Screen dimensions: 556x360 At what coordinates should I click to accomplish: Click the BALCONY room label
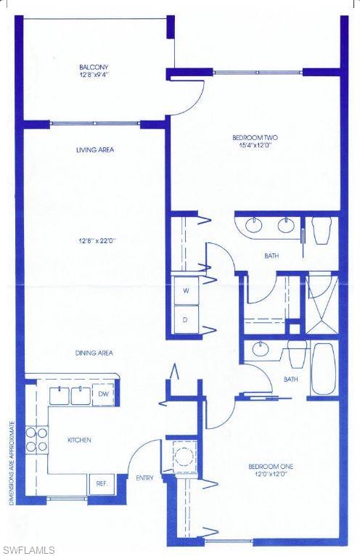point(94,68)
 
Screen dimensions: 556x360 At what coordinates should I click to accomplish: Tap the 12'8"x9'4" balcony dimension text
point(94,75)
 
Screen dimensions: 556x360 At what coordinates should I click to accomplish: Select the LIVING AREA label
point(95,150)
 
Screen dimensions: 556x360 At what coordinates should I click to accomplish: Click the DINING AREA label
point(94,353)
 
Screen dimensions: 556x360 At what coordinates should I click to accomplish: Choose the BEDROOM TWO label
point(255,137)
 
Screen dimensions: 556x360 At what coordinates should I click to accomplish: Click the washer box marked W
point(186,290)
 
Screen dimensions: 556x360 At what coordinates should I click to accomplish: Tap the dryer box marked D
point(186,319)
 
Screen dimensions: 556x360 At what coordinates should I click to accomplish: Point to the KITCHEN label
point(79,440)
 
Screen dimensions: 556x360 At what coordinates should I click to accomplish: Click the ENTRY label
point(144,478)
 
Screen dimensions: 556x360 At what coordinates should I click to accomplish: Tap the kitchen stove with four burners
point(37,440)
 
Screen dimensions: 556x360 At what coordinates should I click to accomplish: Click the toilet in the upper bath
point(322,231)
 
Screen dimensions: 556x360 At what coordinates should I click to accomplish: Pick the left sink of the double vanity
point(255,225)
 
